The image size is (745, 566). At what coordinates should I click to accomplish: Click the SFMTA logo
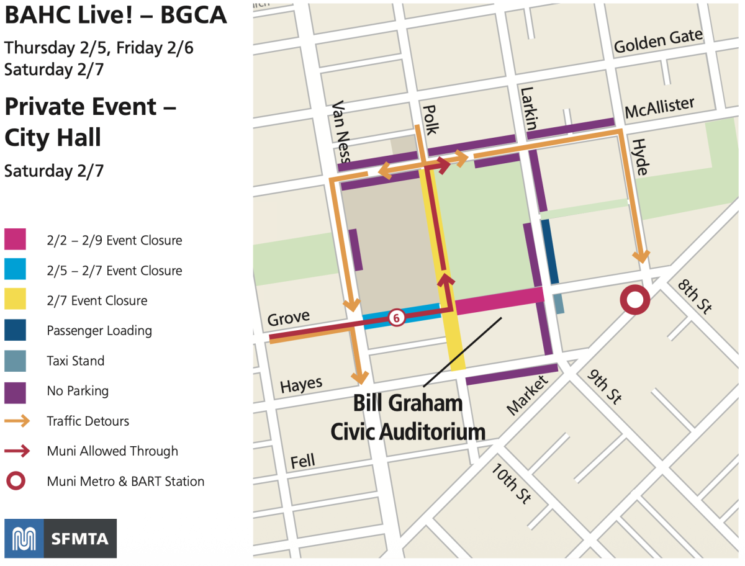60,538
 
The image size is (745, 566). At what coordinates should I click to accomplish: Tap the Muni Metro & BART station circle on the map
634,301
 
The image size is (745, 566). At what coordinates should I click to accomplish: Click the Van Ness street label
341,135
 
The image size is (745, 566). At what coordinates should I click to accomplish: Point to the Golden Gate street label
658,42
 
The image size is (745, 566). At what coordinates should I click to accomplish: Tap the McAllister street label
659,107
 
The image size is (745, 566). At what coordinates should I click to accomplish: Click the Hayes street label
301,385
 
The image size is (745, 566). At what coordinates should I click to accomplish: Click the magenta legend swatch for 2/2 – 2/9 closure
15,240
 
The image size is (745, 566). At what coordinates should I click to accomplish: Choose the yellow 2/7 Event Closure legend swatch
15,300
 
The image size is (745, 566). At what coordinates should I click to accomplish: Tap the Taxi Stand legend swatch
15,361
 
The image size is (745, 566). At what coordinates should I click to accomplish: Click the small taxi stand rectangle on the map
558,303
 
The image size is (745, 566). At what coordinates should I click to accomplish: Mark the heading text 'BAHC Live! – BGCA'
115,16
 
